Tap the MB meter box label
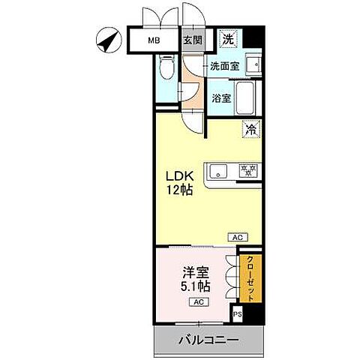(153, 40)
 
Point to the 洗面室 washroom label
(224, 66)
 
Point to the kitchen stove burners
(248, 168)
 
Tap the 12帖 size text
(181, 190)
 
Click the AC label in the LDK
(238, 237)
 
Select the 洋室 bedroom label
(194, 272)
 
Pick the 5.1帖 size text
(194, 286)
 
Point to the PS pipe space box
(238, 315)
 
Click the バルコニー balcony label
(208, 340)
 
